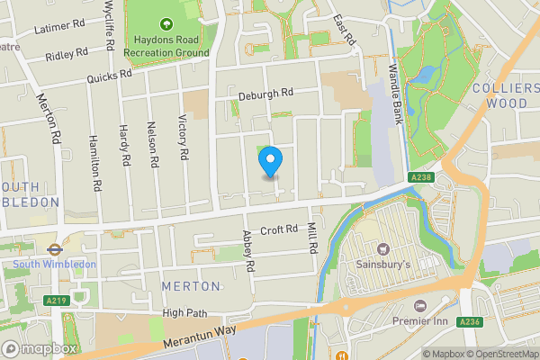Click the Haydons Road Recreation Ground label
(x=166, y=46)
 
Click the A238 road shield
(x=419, y=177)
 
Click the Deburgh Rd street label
(x=266, y=93)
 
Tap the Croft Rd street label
(x=278, y=230)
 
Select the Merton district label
(x=190, y=285)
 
